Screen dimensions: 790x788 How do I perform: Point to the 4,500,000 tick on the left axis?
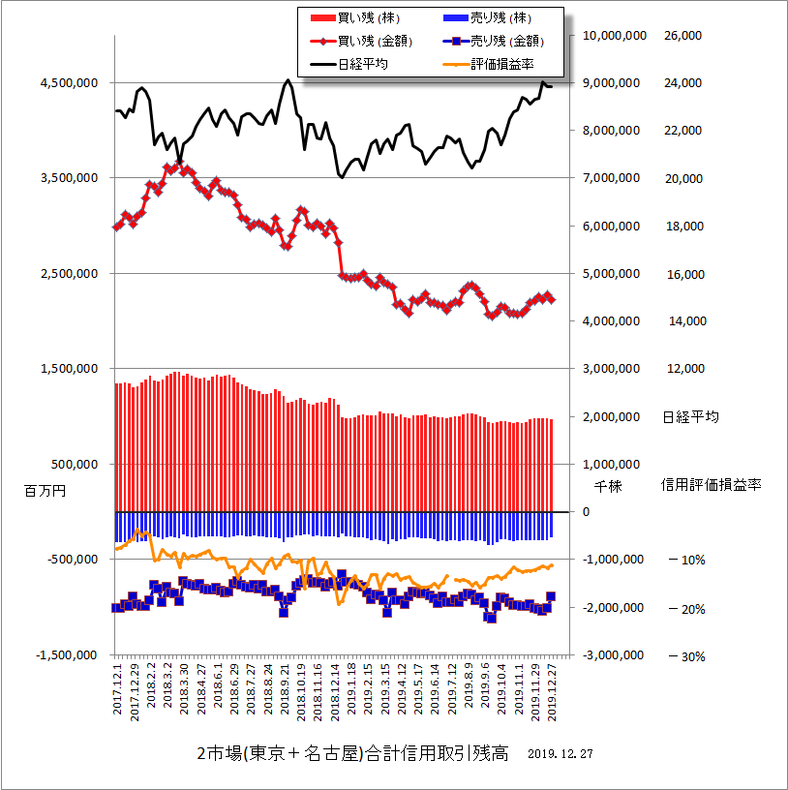pyautogui.click(x=68, y=83)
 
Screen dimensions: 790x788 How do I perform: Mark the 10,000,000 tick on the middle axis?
pyautogui.click(x=616, y=36)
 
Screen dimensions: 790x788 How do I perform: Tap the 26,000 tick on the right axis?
pyautogui.click(x=682, y=36)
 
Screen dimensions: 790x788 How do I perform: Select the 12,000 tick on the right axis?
pyautogui.click(x=682, y=369)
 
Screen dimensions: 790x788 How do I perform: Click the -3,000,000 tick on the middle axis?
pyautogui.click(x=616, y=655)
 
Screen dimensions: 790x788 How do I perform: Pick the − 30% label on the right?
pyautogui.click(x=684, y=656)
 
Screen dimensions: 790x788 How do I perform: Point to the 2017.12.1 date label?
pyautogui.click(x=117, y=689)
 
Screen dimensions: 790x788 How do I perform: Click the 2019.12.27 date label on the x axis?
pyautogui.click(x=552, y=691)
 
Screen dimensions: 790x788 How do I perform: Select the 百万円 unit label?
pyautogui.click(x=44, y=491)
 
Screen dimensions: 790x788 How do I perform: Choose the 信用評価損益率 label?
pyautogui.click(x=712, y=484)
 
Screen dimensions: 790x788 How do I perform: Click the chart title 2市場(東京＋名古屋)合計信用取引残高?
pyautogui.click(x=352, y=753)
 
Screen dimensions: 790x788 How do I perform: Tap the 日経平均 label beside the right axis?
pyautogui.click(x=690, y=417)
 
